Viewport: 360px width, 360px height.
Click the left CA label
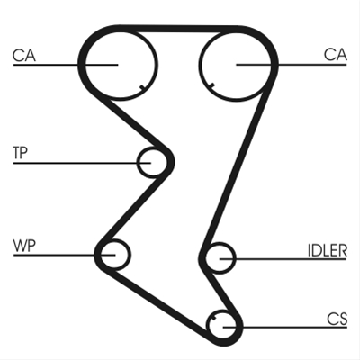(x=24, y=56)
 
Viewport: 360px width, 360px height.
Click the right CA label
(x=336, y=55)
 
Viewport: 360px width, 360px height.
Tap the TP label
(x=20, y=152)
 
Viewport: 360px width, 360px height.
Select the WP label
(x=24, y=246)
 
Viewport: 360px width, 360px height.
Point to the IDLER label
(x=328, y=250)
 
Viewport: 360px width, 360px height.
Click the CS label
(x=337, y=319)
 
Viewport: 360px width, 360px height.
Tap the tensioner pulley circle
(x=138, y=162)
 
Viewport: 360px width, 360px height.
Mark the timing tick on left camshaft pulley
(x=142, y=87)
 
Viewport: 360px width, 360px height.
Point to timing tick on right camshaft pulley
(x=211, y=85)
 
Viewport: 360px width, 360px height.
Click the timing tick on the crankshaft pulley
(x=214, y=319)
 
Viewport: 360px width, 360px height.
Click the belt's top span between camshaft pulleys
(x=179, y=29)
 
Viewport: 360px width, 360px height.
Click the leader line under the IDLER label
(x=283, y=258)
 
